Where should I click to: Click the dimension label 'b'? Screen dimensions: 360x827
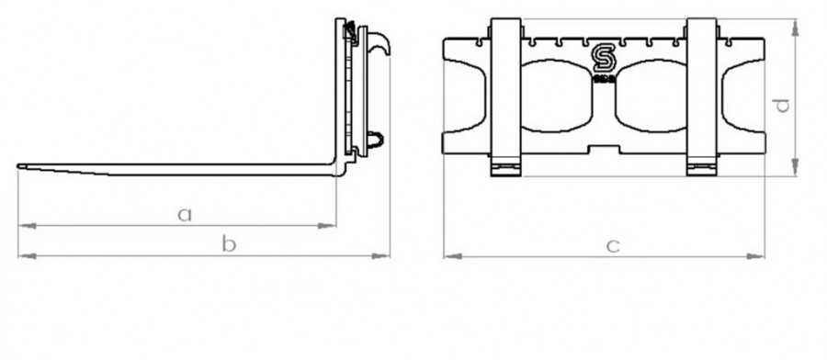pyautogui.click(x=231, y=243)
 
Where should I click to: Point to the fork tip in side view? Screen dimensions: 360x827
pyautogui.click(x=22, y=166)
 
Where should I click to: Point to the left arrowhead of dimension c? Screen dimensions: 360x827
pyautogui.click(x=447, y=255)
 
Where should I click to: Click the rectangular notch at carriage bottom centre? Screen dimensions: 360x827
pyautogui.click(x=604, y=149)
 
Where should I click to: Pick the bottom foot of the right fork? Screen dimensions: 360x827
pyautogui.click(x=703, y=167)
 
